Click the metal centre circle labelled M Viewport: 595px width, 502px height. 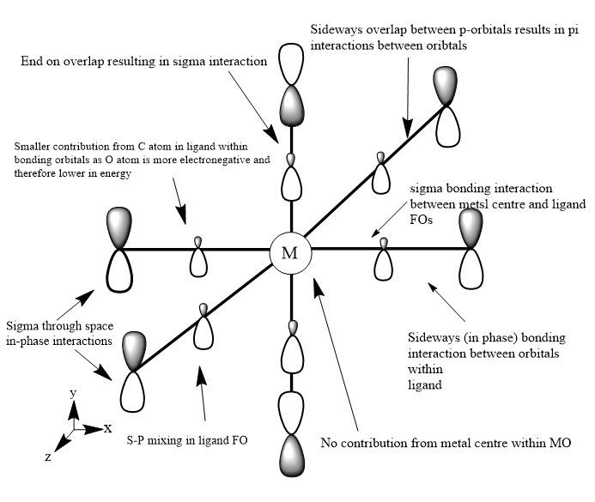(x=290, y=253)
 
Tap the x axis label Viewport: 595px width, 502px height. (x=108, y=428)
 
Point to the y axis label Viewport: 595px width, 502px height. (x=73, y=393)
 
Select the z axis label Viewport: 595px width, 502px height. (x=48, y=457)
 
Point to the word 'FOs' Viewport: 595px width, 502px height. (x=421, y=220)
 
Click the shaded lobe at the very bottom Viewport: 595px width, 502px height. (x=292, y=455)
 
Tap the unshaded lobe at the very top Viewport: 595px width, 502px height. (x=291, y=64)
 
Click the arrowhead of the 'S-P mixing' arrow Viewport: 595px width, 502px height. (x=202, y=375)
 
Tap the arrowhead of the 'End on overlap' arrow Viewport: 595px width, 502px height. (x=271, y=135)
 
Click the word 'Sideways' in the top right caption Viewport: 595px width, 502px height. (x=336, y=29)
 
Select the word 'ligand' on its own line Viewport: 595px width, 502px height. (x=425, y=385)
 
